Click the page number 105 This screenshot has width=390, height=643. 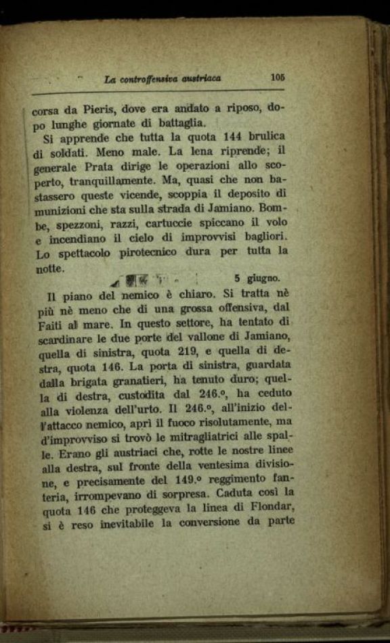tap(278, 77)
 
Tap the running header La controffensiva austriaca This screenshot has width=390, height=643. tap(162, 79)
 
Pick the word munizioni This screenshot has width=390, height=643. tap(59, 212)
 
